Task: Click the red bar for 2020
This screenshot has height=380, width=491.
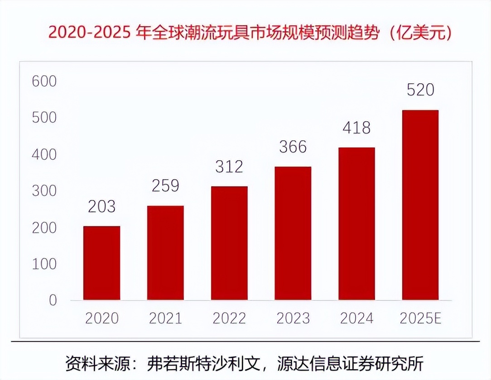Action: tap(102, 263)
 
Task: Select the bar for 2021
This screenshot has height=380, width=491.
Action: tap(165, 253)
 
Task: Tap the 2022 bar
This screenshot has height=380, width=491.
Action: tap(229, 243)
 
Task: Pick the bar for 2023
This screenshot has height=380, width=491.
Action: tap(293, 233)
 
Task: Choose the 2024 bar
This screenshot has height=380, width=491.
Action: tap(356, 223)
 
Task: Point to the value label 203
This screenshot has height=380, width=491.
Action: tap(102, 207)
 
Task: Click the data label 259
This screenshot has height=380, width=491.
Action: tap(165, 186)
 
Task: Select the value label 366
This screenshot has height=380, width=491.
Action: tap(293, 147)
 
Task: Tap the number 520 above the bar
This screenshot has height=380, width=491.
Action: tap(420, 90)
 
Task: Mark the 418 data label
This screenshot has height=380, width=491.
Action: tap(356, 128)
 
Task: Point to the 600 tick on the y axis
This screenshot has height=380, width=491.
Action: tap(43, 82)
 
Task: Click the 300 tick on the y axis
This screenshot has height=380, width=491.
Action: tap(43, 191)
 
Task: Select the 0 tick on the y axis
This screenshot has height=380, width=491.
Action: tap(53, 300)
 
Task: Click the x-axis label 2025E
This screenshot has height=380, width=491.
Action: tap(420, 318)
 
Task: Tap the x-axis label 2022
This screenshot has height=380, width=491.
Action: tap(229, 318)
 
